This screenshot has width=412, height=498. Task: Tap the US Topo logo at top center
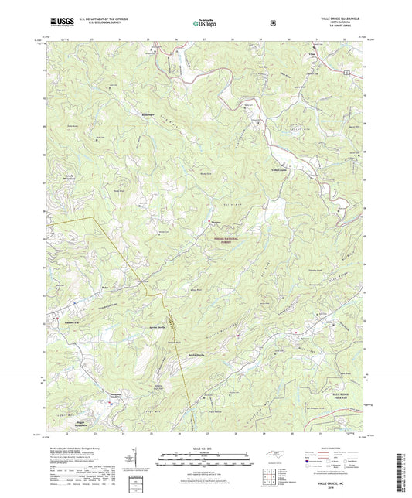click(206, 23)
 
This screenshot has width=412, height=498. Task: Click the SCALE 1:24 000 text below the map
click(205, 447)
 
